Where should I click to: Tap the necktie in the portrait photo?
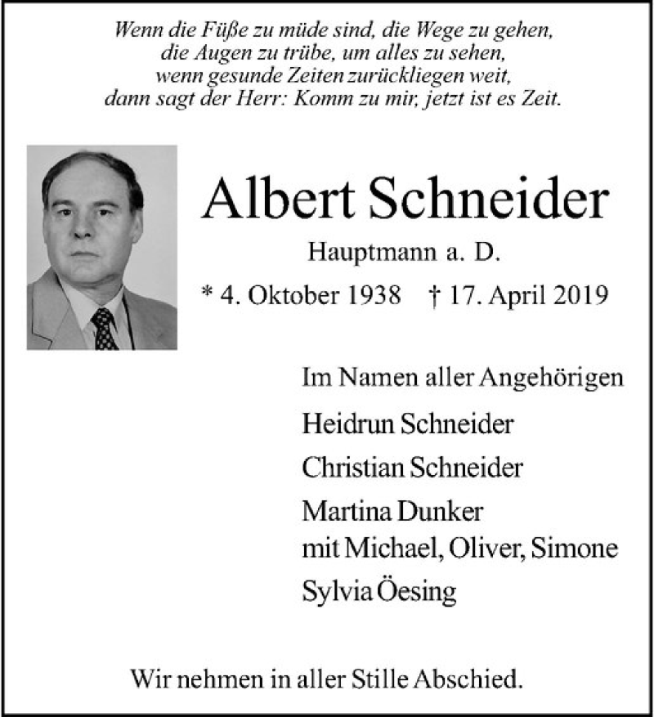click(x=103, y=328)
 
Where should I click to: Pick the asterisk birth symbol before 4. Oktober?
click(x=207, y=291)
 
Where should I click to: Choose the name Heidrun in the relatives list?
click(x=336, y=424)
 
